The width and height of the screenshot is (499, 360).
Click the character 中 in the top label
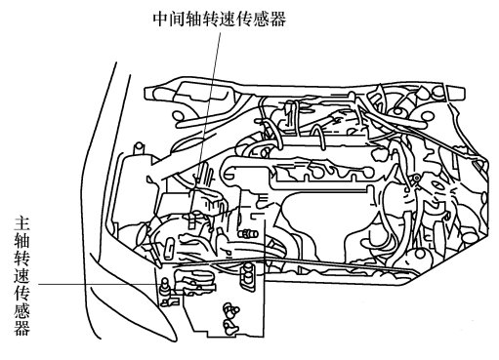pyautogui.click(x=161, y=20)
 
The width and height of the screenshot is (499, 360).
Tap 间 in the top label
pyautogui.click(x=178, y=20)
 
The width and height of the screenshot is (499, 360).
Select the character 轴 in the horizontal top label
pyautogui.click(x=194, y=20)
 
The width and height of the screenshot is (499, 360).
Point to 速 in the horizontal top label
pyautogui.click(x=228, y=20)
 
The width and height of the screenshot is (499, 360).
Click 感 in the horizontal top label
pyautogui.click(x=261, y=20)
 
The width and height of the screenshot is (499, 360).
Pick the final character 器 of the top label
pyautogui.click(x=277, y=20)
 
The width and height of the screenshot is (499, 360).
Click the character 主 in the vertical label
pyautogui.click(x=22, y=223)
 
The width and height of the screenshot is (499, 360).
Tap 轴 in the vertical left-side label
pyautogui.click(x=22, y=241)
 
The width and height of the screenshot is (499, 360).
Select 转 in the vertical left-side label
pyautogui.click(x=22, y=258)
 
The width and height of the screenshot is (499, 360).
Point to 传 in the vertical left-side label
pyautogui.click(x=22, y=293)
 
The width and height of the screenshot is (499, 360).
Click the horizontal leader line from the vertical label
pyautogui.click(x=99, y=284)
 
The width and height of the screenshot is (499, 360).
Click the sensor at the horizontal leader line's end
pyautogui.click(x=165, y=286)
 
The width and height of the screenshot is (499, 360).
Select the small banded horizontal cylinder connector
pyautogui.click(x=248, y=234)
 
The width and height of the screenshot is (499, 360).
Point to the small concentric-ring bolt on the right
pyautogui.click(x=415, y=178)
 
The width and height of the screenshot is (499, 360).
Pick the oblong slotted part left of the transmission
pyautogui.click(x=170, y=248)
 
